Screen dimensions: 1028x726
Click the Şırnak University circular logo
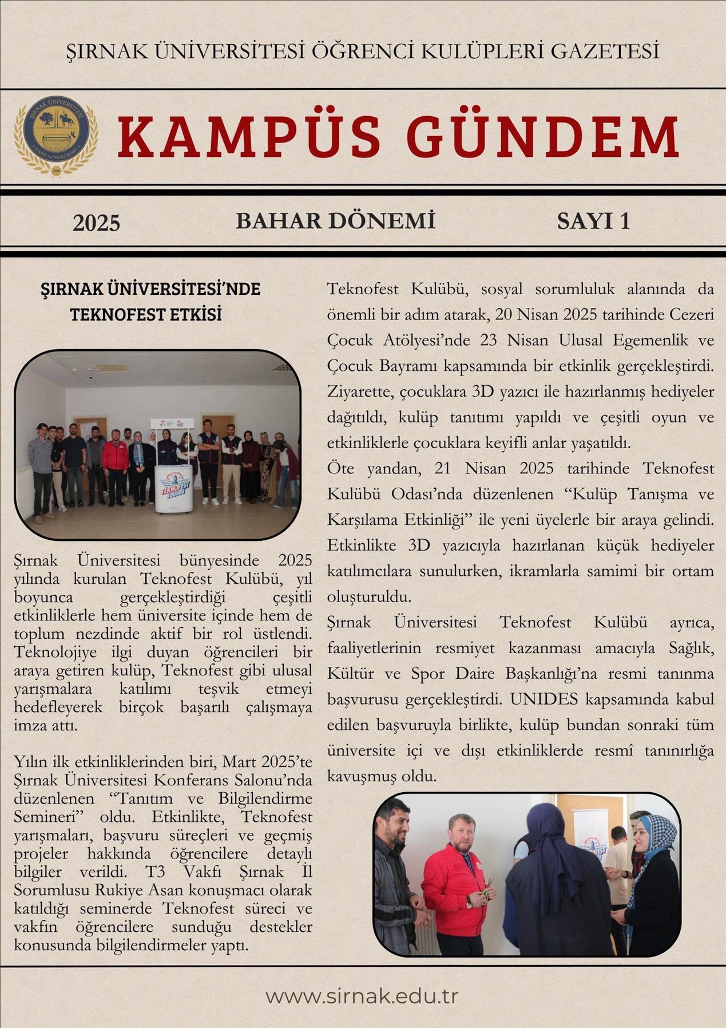pyautogui.click(x=55, y=135)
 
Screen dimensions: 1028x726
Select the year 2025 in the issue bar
pyautogui.click(x=96, y=223)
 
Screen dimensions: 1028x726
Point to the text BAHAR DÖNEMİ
pyautogui.click(x=335, y=221)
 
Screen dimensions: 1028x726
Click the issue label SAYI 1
pyautogui.click(x=593, y=221)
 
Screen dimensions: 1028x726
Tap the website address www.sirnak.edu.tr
pyautogui.click(x=362, y=996)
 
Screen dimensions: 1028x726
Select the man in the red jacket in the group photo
pyautogui.click(x=116, y=464)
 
